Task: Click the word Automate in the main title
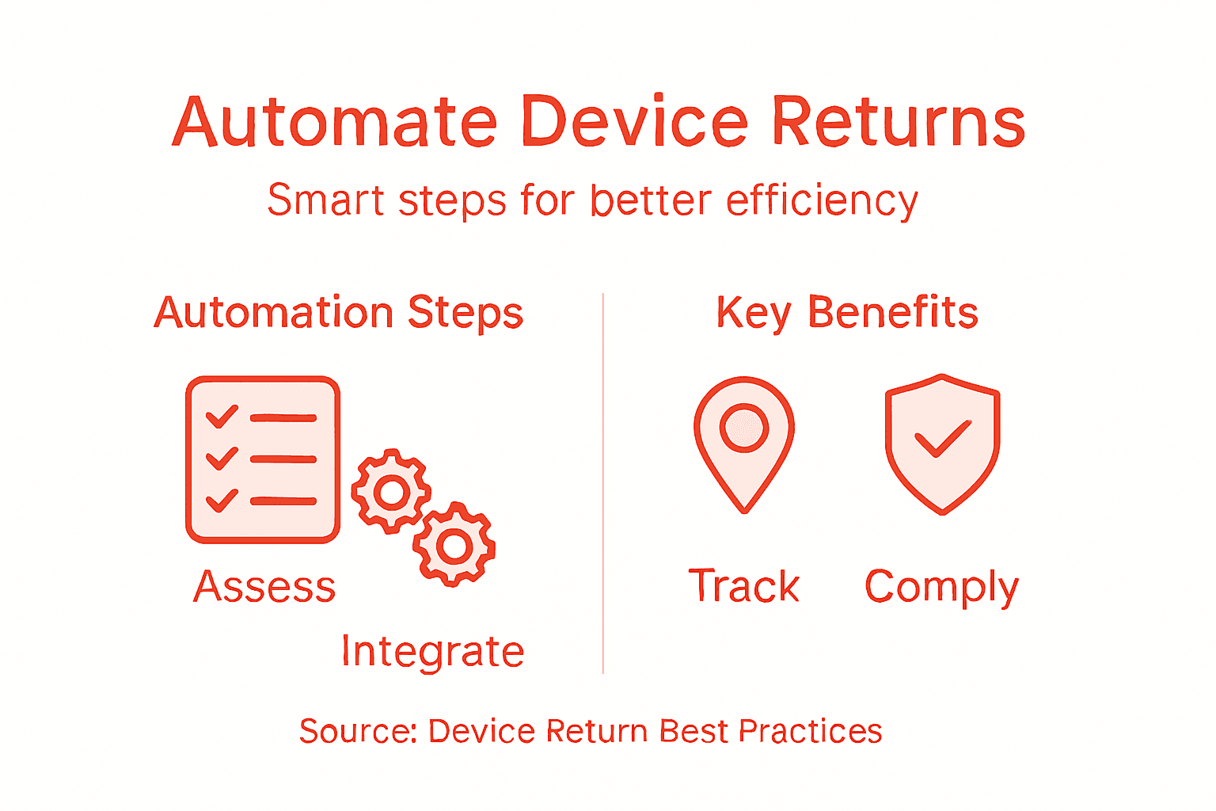[334, 122]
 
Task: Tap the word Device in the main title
[634, 122]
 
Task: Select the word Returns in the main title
[898, 122]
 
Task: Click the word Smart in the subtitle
[325, 200]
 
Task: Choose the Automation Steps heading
[339, 313]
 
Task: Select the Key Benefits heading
[847, 313]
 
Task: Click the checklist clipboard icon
[263, 459]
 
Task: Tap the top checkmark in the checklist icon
[222, 416]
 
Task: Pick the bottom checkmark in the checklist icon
[222, 500]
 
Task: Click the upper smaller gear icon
[391, 492]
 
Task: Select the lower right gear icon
[454, 545]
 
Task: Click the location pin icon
[744, 444]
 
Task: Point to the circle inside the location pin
[744, 428]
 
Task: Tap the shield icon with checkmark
[942, 444]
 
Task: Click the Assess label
[264, 587]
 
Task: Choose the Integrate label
[432, 652]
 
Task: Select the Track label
[744, 587]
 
